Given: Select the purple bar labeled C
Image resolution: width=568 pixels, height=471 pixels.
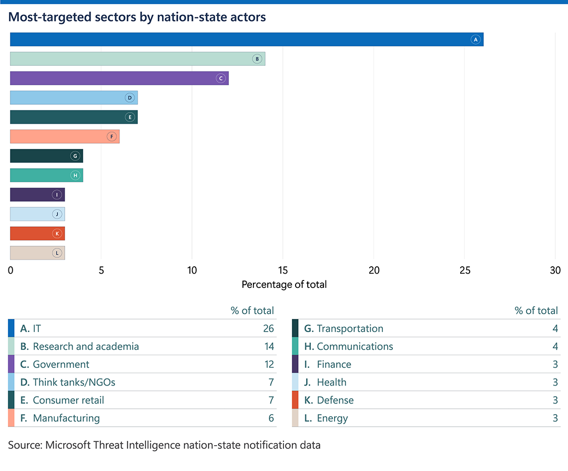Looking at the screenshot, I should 119,78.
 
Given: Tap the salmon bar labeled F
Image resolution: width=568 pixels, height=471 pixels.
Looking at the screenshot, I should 64,136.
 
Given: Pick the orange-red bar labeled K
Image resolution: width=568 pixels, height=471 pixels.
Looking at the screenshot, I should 37,233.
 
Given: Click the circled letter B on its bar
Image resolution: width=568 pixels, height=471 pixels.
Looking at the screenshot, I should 257,59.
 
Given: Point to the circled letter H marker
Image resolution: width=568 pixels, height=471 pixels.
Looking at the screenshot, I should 75,175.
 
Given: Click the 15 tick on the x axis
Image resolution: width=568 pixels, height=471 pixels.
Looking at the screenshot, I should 283,270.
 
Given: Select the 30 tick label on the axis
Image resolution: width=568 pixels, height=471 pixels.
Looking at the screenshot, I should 555,270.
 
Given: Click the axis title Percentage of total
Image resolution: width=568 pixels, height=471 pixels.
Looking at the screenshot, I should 284,285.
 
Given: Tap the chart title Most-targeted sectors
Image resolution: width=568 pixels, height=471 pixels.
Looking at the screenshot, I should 137,17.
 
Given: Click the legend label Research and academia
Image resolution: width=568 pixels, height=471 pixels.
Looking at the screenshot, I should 86,346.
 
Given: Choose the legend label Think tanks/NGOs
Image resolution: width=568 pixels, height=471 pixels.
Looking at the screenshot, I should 74,382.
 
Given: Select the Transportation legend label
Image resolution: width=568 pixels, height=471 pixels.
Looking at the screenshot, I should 350,328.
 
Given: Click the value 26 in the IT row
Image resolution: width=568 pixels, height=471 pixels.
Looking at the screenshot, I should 268,328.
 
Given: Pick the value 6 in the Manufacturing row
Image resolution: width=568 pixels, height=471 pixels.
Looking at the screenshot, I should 271,418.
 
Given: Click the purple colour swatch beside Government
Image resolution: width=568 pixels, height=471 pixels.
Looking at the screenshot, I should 11,364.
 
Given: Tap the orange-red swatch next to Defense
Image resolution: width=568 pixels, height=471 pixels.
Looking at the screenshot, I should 295,400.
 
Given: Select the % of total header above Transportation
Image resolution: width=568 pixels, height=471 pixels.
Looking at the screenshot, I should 536,310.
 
